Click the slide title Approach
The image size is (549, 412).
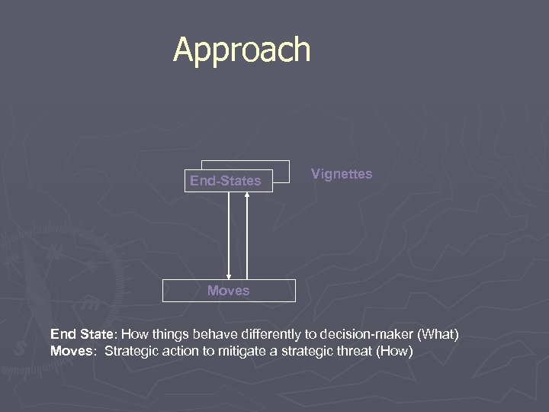[242, 50]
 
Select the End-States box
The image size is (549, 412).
[226, 182]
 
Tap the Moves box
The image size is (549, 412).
[228, 291]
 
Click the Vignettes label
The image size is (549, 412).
[342, 174]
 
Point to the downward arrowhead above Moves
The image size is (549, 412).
[229, 275]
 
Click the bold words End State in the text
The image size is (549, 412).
[81, 334]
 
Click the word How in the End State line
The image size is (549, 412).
[131, 334]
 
